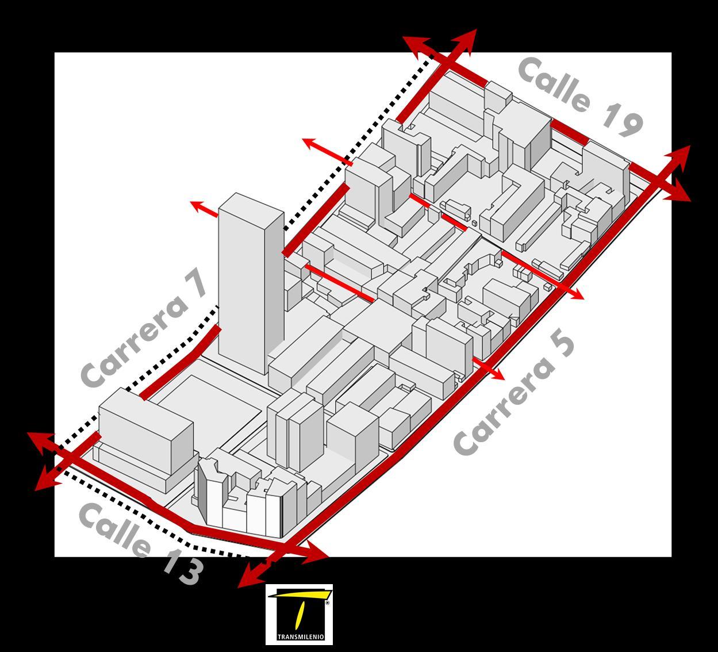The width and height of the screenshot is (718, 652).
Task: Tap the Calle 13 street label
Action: (141, 544)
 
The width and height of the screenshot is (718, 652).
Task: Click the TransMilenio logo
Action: (299, 614)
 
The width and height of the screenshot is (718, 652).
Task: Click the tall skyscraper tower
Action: (251, 282)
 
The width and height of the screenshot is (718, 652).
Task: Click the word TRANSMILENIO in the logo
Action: (299, 637)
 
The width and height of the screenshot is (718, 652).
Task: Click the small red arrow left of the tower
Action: (204, 209)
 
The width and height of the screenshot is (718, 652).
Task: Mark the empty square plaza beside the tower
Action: (210, 402)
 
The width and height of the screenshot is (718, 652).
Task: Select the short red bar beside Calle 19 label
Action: (569, 132)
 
